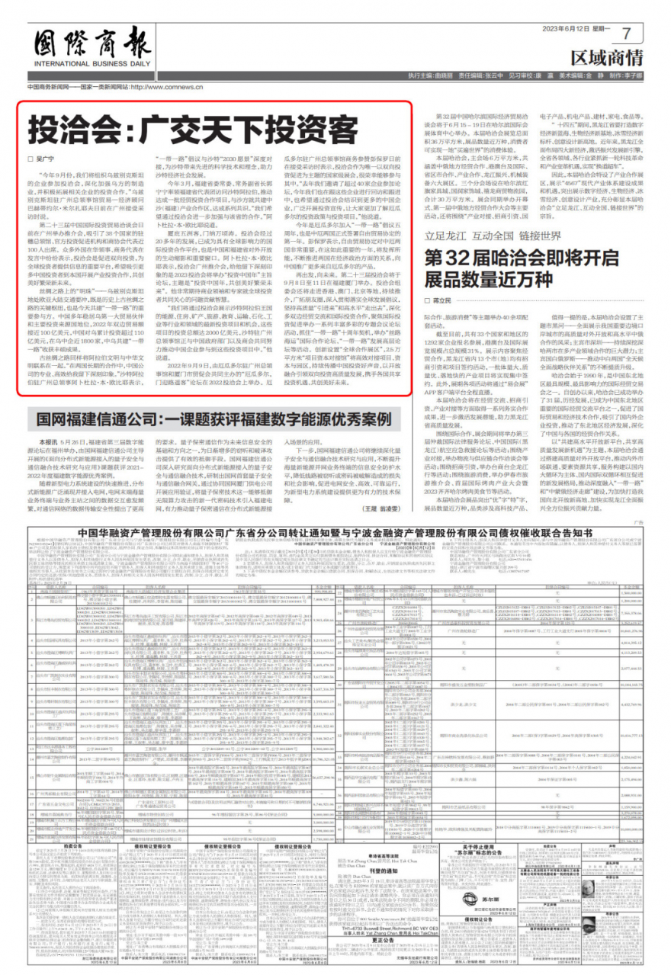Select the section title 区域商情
point(606,57)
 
